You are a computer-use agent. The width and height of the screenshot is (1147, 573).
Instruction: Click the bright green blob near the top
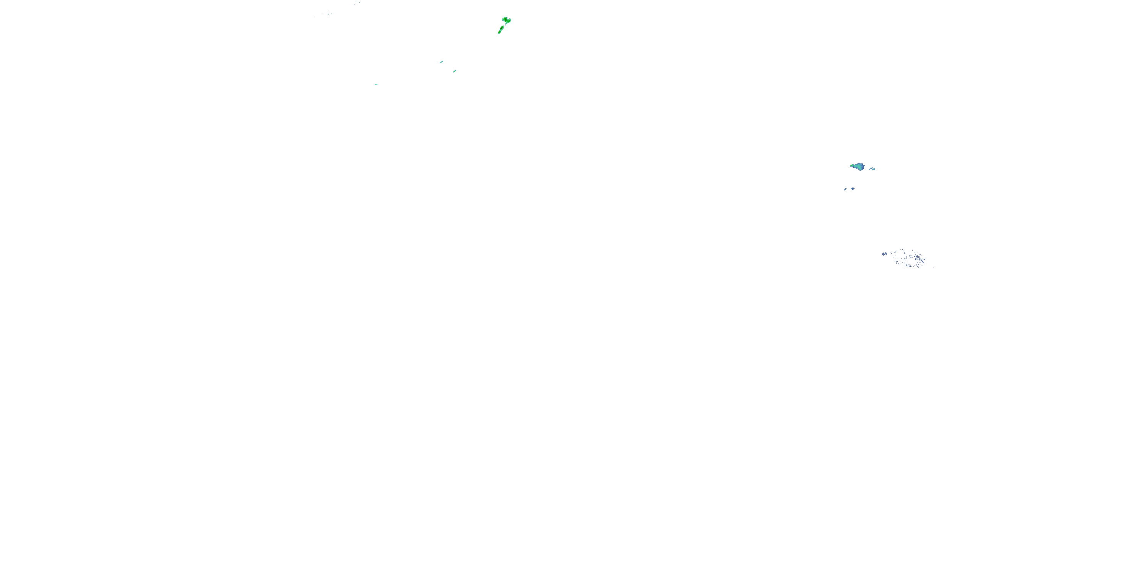(x=506, y=20)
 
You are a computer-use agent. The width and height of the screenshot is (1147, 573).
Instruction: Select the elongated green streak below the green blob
(x=501, y=29)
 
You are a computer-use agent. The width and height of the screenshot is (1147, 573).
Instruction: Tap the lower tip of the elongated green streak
(x=498, y=34)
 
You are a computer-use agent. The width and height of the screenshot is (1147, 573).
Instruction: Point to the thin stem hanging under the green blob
(x=506, y=24)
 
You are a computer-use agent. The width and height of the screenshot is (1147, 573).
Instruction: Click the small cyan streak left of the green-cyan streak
(x=442, y=62)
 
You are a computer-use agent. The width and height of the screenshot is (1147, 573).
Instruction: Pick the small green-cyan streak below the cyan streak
(x=455, y=71)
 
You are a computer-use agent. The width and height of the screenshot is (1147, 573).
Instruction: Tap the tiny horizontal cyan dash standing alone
(x=376, y=84)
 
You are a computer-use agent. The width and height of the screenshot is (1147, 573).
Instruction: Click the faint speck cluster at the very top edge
(x=357, y=3)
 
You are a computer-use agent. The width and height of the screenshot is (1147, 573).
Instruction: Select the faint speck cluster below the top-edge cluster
(x=328, y=14)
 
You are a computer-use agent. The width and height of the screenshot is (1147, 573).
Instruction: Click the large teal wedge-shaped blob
(x=860, y=167)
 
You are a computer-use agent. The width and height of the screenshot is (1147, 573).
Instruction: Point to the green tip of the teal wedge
(x=852, y=165)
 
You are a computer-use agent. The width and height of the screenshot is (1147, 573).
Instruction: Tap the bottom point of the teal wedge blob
(x=860, y=171)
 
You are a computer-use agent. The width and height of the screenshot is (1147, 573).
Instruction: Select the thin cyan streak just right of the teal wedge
(x=871, y=168)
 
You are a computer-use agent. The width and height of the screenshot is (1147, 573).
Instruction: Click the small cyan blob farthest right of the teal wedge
(x=874, y=170)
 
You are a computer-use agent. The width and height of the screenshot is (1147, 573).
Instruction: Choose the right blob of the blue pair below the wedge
(x=853, y=189)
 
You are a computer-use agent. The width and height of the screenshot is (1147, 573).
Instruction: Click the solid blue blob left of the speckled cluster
(x=884, y=254)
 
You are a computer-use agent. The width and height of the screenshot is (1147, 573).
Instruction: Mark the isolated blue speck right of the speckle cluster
(x=933, y=268)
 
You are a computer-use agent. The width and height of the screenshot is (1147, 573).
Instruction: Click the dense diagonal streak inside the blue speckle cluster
(x=922, y=261)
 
